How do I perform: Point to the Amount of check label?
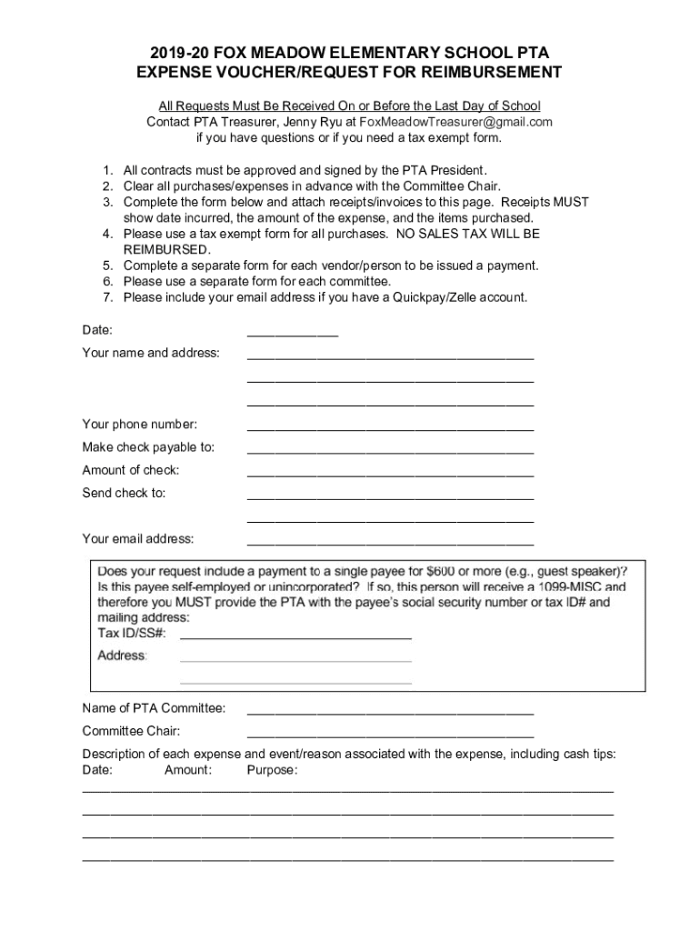tap(131, 470)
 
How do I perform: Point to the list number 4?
tap(106, 234)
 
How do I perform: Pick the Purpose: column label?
tap(272, 770)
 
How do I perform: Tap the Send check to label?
tap(125, 493)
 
